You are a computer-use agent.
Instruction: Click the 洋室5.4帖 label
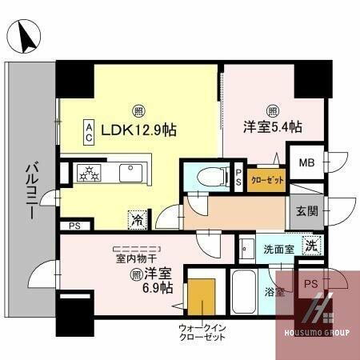273,126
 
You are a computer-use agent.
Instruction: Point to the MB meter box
306,162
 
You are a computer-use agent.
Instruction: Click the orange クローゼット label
266,180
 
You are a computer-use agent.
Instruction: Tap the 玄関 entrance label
307,211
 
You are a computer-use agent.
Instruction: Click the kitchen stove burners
86,172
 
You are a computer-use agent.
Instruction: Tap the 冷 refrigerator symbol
137,216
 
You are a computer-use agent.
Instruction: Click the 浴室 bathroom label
276,292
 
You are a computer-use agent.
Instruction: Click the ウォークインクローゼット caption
206,334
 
